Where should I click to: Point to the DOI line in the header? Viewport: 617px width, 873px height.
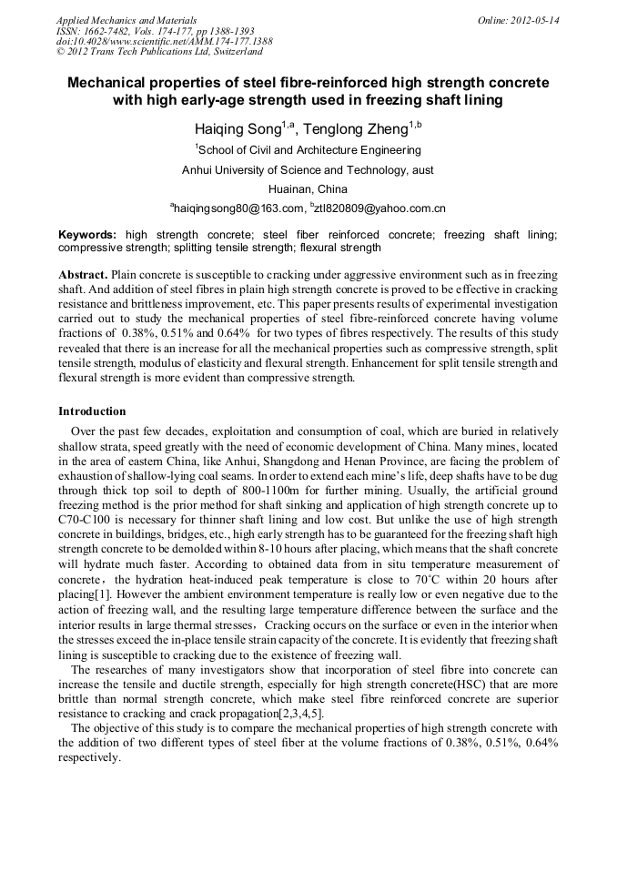pos(164,41)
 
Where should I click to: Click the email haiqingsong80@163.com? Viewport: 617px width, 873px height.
pos(238,208)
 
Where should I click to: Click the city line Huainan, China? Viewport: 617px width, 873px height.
pos(308,189)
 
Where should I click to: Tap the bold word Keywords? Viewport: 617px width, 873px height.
pos(87,235)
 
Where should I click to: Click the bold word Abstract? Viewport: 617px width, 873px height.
pos(83,274)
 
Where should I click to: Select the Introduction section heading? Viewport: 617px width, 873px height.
pos(92,411)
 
